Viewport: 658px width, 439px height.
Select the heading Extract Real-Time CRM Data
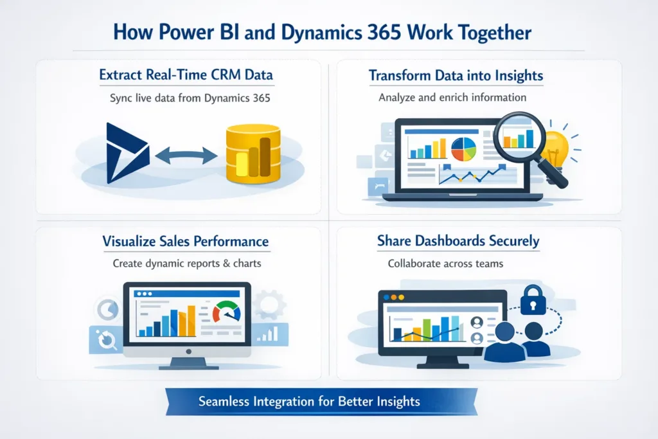pyautogui.click(x=186, y=75)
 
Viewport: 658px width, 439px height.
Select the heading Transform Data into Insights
pyautogui.click(x=456, y=76)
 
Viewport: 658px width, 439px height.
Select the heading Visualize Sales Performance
pyautogui.click(x=186, y=242)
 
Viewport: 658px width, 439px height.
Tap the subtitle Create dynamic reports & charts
pyautogui.click(x=186, y=264)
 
